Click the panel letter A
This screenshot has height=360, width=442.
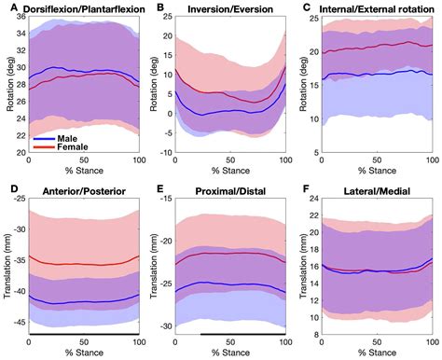(7, 8)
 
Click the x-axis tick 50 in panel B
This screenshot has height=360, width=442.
(229, 162)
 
